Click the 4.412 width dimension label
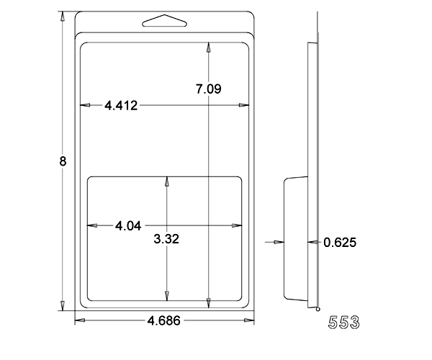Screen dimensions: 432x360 (121, 106)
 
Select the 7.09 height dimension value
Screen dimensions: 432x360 (208, 89)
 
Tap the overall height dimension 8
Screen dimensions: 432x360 (63, 161)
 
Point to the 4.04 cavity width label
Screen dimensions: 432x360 (128, 226)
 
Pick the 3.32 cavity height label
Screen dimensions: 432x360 (166, 239)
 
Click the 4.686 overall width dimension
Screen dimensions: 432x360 (164, 320)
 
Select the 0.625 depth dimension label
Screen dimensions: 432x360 (340, 243)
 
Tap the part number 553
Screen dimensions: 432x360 (344, 322)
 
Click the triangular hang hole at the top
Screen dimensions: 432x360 (164, 21)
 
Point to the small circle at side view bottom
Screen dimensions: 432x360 (318, 310)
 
